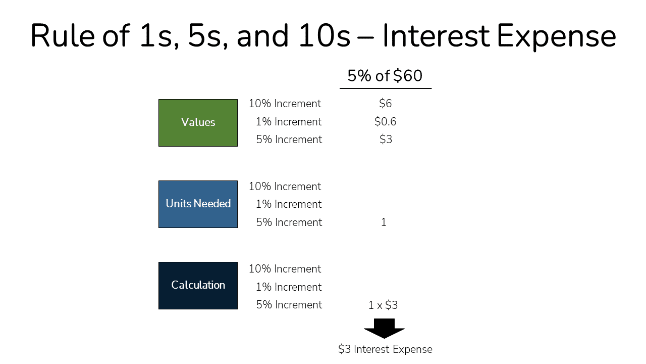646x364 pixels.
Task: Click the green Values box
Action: [198, 123]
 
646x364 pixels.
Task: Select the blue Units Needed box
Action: [198, 204]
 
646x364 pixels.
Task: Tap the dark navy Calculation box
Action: [198, 286]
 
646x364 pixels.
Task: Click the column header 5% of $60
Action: [385, 76]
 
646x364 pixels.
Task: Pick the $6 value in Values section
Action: [385, 104]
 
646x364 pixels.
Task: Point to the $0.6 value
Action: [385, 122]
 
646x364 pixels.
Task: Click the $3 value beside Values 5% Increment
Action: [386, 140]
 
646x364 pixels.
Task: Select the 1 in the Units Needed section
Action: [384, 222]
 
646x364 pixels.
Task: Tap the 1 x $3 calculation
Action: [383, 305]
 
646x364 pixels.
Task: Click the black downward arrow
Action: [384, 328]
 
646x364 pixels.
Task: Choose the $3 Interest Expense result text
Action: [385, 349]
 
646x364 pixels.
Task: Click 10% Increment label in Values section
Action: [285, 104]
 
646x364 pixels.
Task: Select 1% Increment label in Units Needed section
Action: [289, 204]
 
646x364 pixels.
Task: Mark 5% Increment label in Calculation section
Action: [289, 305]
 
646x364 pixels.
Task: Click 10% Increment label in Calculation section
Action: [285, 269]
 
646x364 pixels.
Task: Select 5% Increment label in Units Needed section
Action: [289, 222]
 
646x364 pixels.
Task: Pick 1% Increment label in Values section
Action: [289, 122]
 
